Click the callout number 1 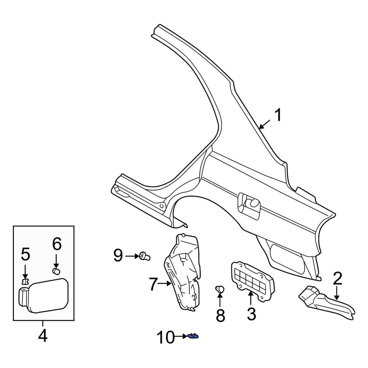pyautogui.click(x=278, y=116)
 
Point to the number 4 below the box pyautogui.click(x=43, y=335)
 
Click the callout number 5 pyautogui.click(x=25, y=254)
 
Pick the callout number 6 pyautogui.click(x=57, y=244)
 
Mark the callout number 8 pyautogui.click(x=220, y=315)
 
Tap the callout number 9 pyautogui.click(x=118, y=255)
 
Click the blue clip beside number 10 pyautogui.click(x=192, y=336)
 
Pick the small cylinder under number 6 pyautogui.click(x=57, y=271)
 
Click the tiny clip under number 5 pyautogui.click(x=25, y=282)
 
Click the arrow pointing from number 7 pyautogui.click(x=164, y=283)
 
